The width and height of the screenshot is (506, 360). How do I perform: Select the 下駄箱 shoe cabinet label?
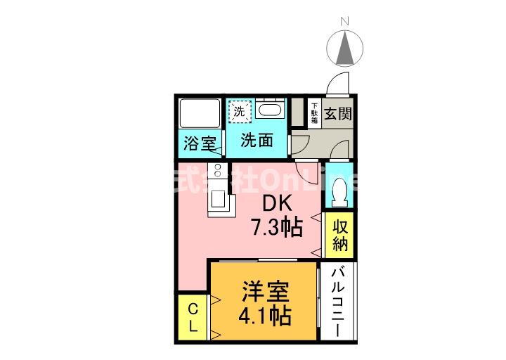click(x=315, y=113)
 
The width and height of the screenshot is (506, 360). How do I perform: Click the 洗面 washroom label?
click(x=257, y=140)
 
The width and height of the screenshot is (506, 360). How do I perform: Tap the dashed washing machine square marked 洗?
click(x=239, y=111)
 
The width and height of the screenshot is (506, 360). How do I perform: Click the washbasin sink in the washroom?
click(x=270, y=110)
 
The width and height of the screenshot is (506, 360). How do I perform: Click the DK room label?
click(x=277, y=203)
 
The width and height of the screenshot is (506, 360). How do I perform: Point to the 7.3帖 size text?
click(x=277, y=227)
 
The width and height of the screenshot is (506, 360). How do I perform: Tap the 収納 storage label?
click(x=341, y=235)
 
